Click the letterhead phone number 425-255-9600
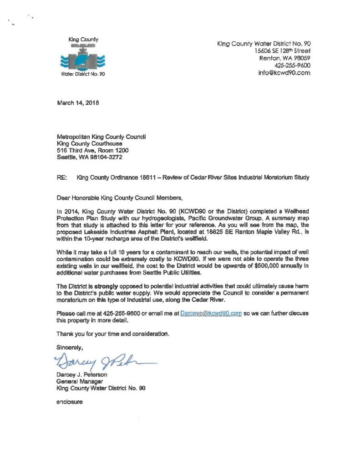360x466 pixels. click(291, 66)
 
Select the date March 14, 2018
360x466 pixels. click(77, 102)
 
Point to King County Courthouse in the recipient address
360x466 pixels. click(89, 143)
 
